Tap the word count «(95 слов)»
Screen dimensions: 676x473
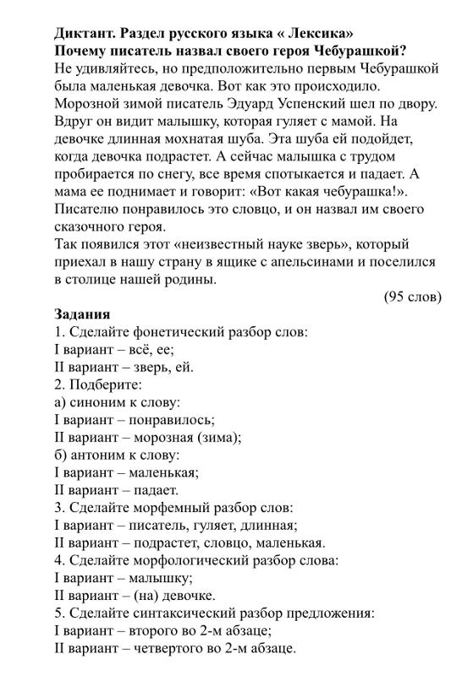[x=412, y=297]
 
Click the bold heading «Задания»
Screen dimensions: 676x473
[x=82, y=314]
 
